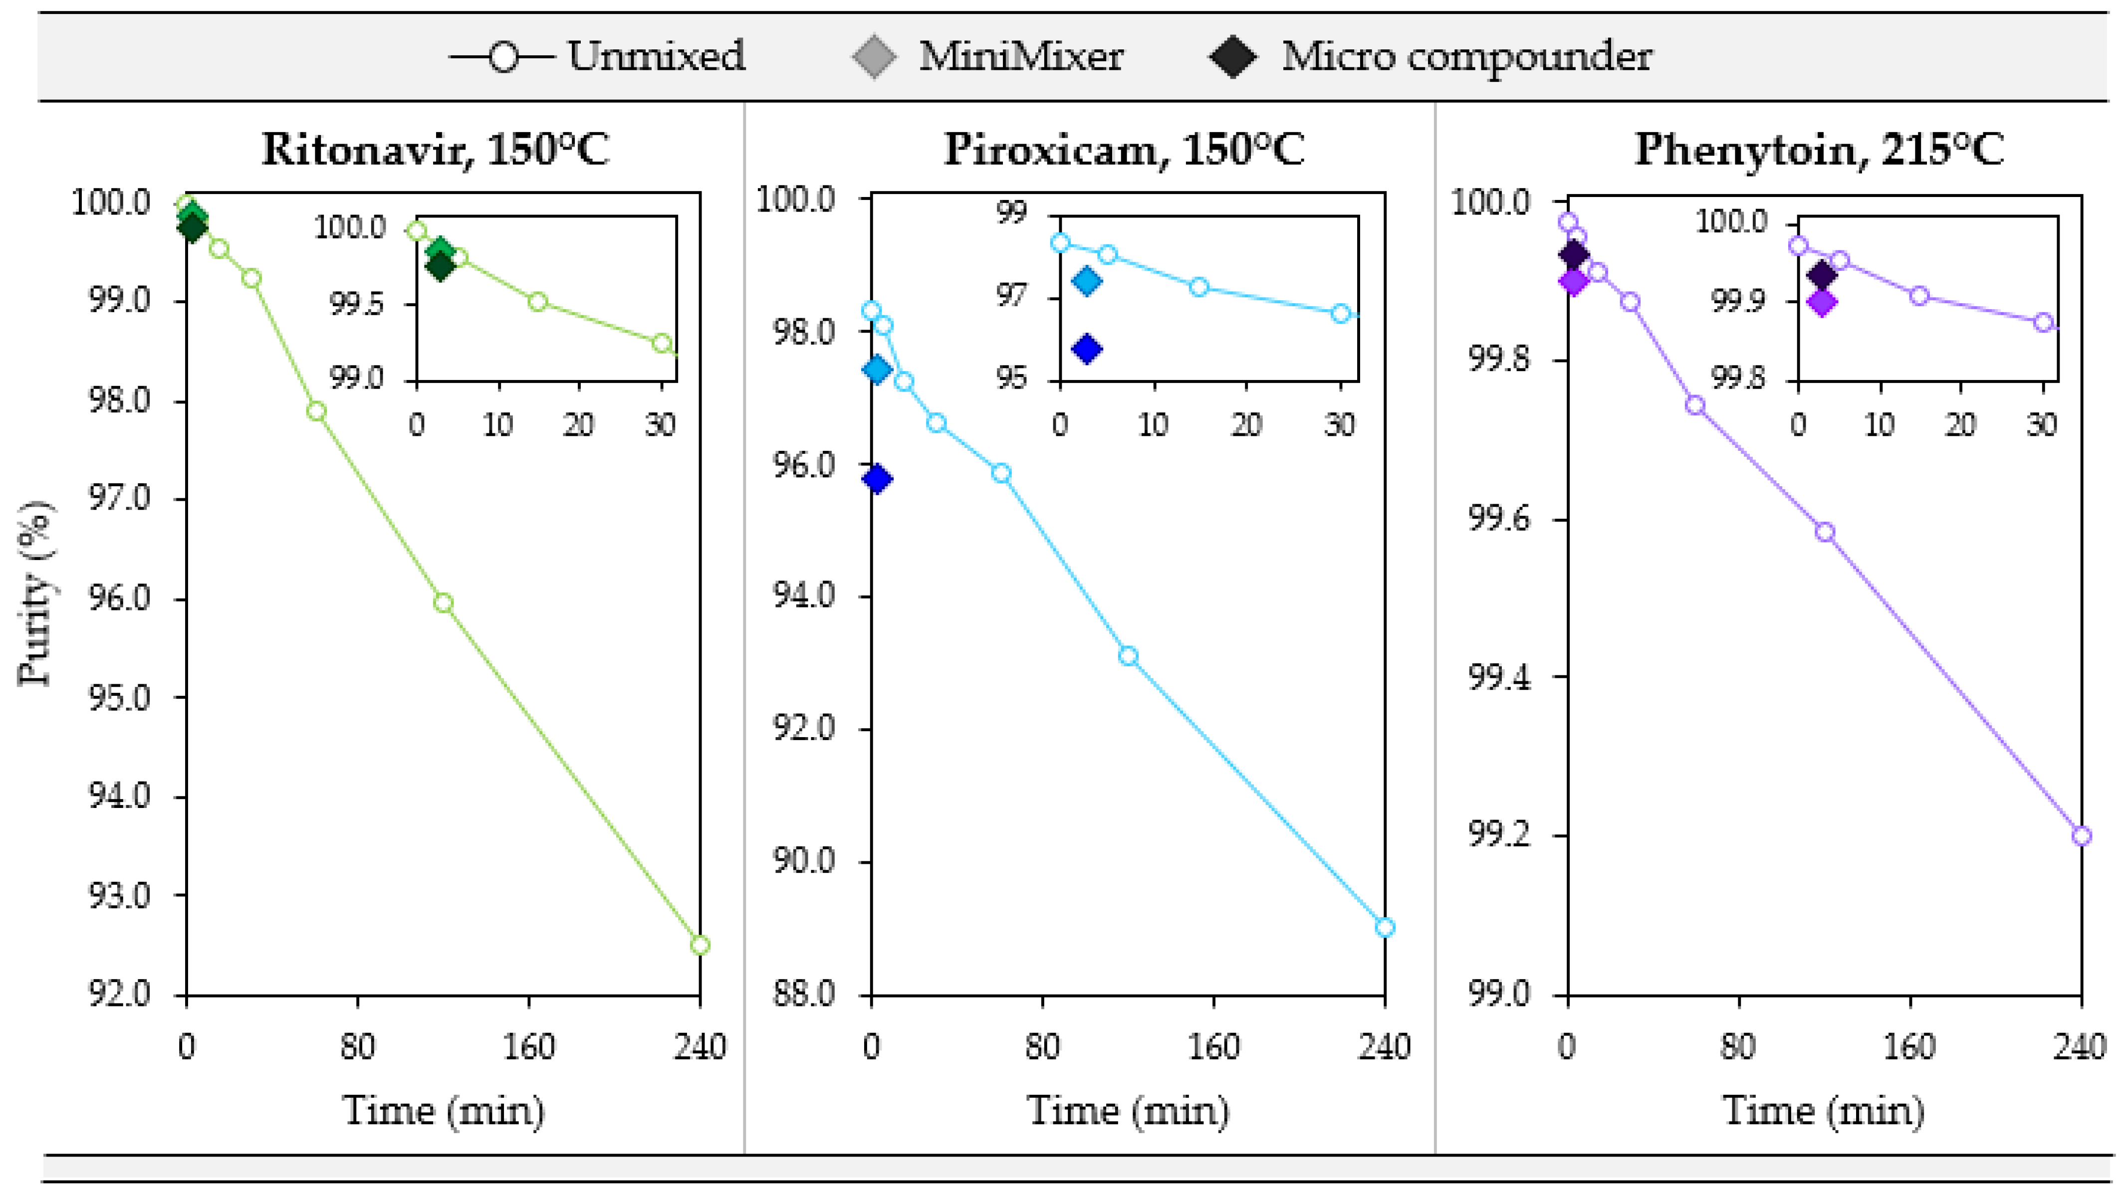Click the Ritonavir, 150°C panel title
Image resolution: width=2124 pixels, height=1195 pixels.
click(x=436, y=150)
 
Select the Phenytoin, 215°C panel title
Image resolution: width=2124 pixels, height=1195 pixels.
click(x=1819, y=150)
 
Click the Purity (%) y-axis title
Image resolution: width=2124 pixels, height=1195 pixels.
click(x=34, y=594)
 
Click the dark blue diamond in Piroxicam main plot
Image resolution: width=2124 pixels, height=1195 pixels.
click(x=877, y=479)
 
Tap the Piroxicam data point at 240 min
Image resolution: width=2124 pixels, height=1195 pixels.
click(x=1385, y=927)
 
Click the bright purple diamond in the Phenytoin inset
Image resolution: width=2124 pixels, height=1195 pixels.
click(x=1822, y=302)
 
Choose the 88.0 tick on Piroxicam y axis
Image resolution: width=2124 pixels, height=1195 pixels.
click(x=804, y=995)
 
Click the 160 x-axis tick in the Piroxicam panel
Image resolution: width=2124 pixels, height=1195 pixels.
click(x=1214, y=1047)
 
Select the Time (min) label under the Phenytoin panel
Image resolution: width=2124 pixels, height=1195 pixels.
click(x=1824, y=1110)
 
